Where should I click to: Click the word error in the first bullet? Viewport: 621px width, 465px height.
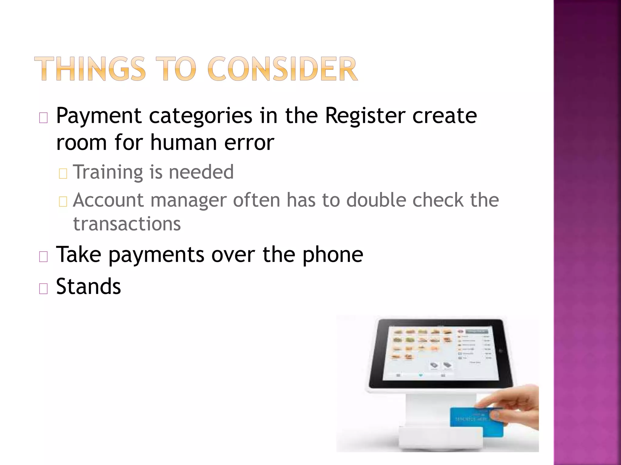[x=249, y=143]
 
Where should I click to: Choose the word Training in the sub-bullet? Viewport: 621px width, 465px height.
[x=108, y=172]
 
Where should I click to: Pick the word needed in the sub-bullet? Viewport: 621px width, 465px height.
[x=201, y=172]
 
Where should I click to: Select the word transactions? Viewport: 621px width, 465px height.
[x=127, y=224]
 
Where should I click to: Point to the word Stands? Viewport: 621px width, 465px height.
[x=89, y=286]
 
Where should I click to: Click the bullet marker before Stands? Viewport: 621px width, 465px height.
[x=43, y=289]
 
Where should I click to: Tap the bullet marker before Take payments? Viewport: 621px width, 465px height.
[x=43, y=257]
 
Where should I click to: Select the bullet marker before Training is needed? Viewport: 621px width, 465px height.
[x=63, y=174]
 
